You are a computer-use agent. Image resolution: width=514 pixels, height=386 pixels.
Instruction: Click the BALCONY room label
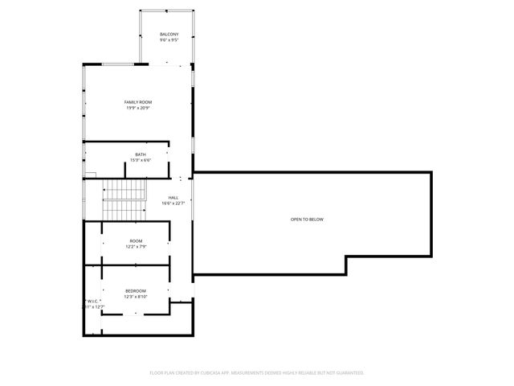click(169, 34)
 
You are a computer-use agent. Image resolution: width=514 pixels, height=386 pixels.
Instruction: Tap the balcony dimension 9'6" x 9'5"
click(169, 40)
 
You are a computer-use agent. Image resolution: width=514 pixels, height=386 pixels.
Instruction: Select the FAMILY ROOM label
click(138, 102)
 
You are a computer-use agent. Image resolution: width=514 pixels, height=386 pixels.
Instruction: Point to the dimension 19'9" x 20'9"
click(138, 109)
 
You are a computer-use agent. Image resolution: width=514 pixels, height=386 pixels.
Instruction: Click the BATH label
click(141, 154)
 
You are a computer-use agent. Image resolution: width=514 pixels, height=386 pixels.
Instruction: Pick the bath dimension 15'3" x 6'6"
click(141, 160)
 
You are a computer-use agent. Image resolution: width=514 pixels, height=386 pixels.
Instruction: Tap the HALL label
click(173, 197)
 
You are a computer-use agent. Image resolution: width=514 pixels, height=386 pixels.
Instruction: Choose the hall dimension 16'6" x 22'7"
click(173, 203)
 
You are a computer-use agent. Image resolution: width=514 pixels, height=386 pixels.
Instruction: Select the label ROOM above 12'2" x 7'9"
click(136, 240)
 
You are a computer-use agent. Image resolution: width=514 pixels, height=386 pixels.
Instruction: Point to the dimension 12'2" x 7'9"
click(136, 247)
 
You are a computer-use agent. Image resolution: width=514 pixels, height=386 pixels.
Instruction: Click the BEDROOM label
click(136, 290)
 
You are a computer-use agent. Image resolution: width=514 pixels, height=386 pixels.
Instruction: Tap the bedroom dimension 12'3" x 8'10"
click(136, 297)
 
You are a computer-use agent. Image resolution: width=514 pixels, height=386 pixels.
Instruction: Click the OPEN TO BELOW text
click(308, 220)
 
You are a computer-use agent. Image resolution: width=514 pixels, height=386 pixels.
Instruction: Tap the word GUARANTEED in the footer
click(347, 373)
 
